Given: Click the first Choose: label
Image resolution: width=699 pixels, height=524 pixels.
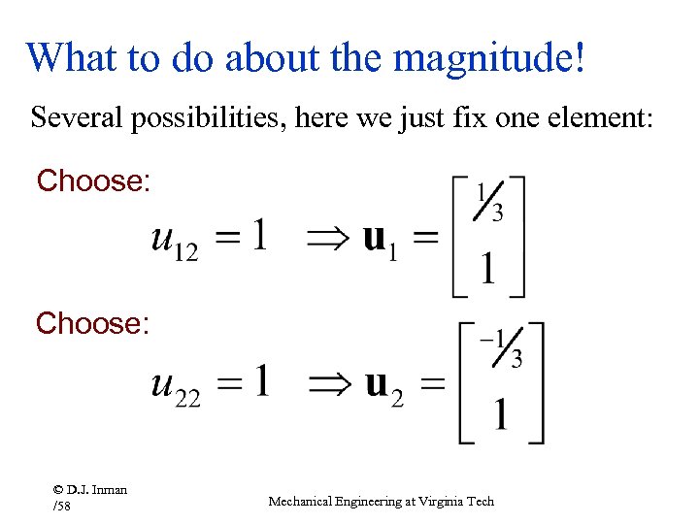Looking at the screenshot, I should (x=93, y=180).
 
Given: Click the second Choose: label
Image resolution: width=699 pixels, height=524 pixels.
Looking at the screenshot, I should (x=93, y=323).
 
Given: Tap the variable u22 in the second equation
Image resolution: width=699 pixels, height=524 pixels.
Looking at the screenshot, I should (x=176, y=384).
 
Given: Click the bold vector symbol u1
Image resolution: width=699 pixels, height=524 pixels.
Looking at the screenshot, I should (x=382, y=239).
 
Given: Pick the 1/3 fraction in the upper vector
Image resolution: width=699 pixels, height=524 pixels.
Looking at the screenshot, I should (x=488, y=202).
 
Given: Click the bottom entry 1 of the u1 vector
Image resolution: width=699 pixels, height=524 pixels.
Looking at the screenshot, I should (x=486, y=269).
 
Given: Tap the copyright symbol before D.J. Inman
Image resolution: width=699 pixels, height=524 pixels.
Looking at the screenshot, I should (x=59, y=490).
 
